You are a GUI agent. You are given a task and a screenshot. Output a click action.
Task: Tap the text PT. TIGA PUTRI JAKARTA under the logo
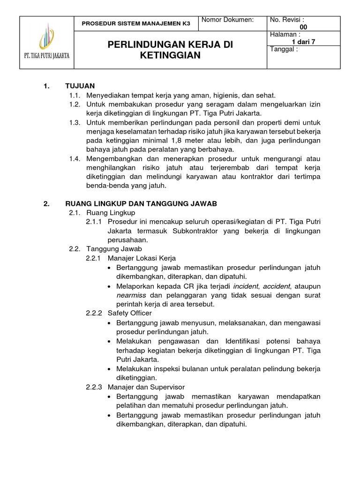(46, 55)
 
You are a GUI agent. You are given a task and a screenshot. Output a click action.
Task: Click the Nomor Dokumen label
(227, 20)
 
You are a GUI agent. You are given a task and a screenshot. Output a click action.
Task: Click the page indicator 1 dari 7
(303, 42)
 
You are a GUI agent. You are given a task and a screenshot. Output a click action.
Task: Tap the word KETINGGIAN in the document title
(170, 55)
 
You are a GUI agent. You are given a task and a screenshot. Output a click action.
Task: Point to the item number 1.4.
(75, 159)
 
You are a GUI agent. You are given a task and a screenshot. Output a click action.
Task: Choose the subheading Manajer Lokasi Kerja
(142, 258)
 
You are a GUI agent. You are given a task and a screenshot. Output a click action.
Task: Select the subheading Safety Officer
(130, 313)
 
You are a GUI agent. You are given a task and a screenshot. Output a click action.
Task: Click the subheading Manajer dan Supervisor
(146, 387)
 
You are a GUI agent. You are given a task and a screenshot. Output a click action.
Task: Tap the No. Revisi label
(287, 20)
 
